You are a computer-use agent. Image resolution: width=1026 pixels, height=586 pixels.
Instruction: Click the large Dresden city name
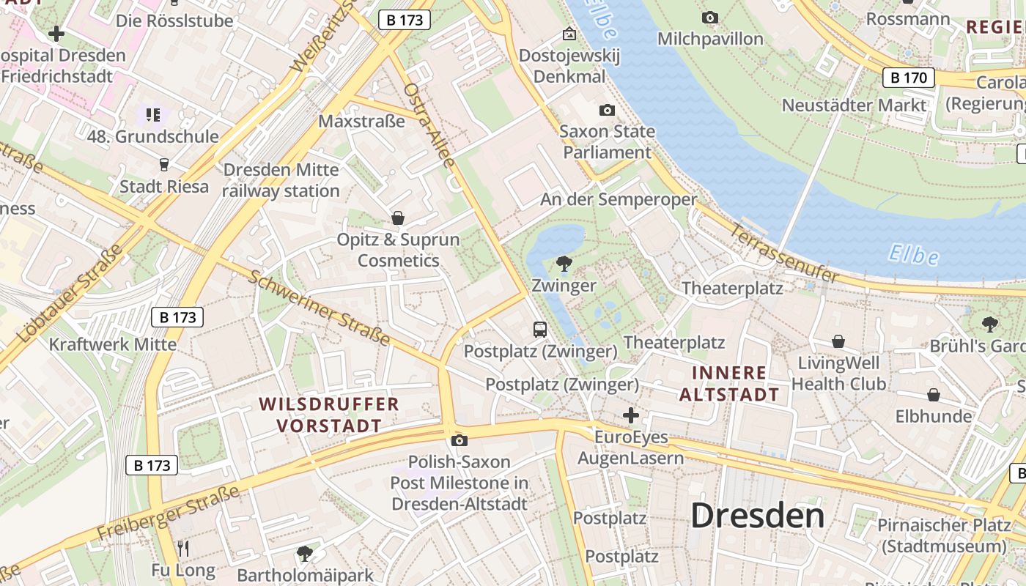point(758,516)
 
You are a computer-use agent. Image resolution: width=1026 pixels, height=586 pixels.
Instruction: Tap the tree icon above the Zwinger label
point(564,264)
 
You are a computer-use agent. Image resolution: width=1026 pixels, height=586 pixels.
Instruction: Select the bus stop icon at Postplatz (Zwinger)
point(540,330)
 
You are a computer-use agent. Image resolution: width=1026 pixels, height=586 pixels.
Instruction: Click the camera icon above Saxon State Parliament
point(607,111)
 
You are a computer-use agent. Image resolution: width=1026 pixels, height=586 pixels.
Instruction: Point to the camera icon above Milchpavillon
point(709,18)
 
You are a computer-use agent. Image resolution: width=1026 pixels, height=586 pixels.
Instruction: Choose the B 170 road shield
point(909,77)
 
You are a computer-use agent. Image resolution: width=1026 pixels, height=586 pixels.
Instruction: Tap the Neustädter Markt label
point(854,105)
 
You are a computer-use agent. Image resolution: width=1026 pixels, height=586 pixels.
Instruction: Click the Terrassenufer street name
point(784,253)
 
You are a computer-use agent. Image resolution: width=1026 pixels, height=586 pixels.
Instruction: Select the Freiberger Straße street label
point(169,522)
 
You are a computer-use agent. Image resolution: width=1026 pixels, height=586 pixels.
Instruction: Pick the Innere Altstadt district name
point(729,384)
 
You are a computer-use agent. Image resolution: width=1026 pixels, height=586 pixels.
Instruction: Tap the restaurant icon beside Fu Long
point(183,548)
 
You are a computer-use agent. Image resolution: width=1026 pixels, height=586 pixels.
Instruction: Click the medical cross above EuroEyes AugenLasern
point(630,416)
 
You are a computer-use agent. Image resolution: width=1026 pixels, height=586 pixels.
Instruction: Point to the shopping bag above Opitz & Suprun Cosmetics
point(398,218)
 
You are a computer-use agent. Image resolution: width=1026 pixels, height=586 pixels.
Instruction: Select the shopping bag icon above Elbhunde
point(934,396)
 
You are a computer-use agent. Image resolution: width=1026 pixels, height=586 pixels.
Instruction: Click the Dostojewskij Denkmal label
point(569,66)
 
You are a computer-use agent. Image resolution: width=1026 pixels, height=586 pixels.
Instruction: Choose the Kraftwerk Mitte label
point(113,344)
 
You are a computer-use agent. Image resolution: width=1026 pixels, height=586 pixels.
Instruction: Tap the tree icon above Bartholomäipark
point(304,554)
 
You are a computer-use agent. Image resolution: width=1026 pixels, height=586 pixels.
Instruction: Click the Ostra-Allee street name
point(429,124)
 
